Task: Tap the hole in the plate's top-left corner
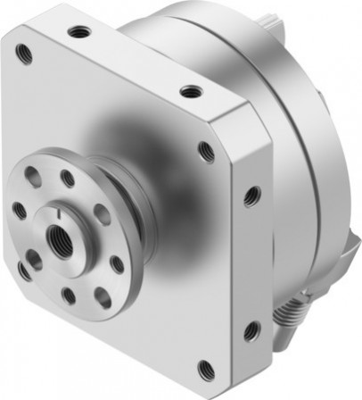click(x=23, y=55)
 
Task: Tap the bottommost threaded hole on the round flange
click(x=68, y=291)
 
